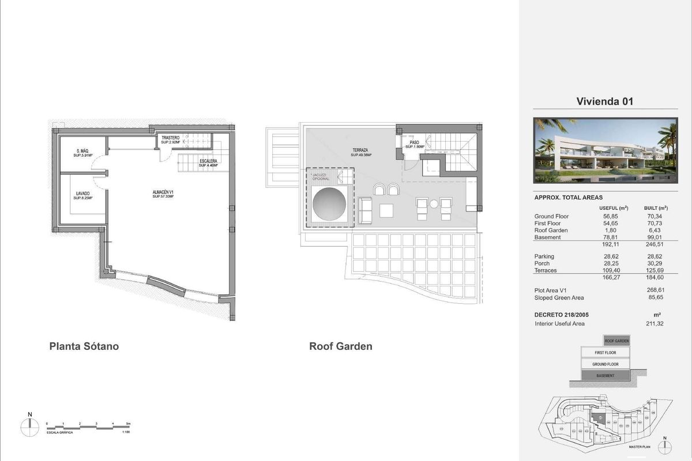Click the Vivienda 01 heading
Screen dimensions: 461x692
605,102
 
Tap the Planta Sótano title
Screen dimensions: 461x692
84,346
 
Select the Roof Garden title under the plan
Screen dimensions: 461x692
341,346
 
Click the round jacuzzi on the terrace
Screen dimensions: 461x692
329,205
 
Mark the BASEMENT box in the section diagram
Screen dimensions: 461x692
605,376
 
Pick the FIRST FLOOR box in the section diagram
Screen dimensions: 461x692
605,352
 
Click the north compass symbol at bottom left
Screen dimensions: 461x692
29,427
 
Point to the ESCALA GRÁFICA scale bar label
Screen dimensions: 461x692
59,432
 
